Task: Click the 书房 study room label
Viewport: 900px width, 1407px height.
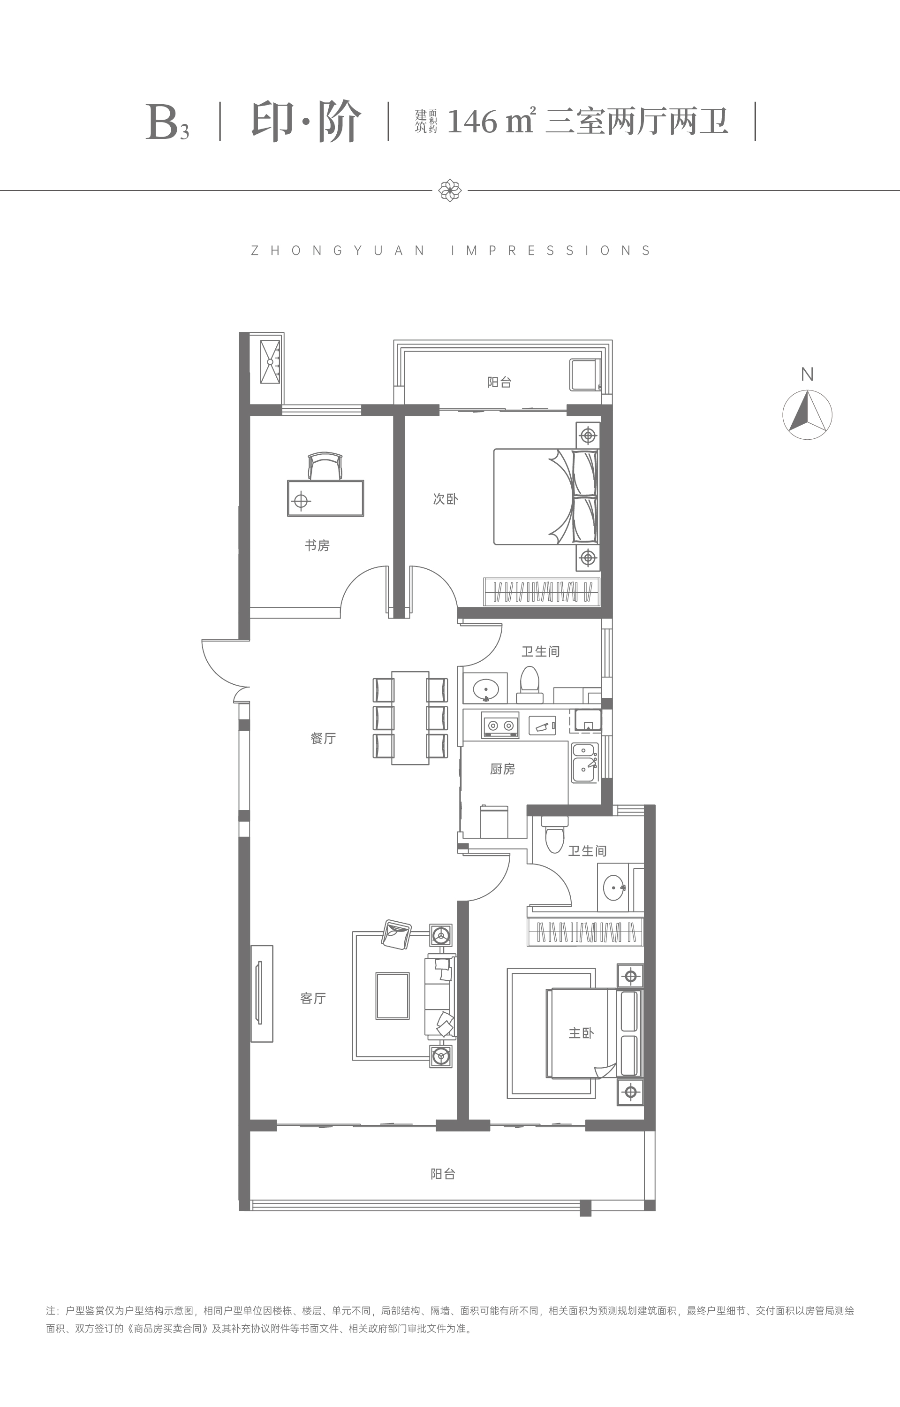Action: click(317, 546)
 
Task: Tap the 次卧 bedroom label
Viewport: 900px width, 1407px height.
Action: click(446, 499)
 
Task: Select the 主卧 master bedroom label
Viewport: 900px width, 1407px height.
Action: click(581, 1033)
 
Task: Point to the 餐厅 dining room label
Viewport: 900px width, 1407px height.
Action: click(323, 738)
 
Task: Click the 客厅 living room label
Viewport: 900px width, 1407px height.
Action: click(313, 998)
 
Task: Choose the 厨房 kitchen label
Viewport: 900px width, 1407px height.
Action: click(503, 769)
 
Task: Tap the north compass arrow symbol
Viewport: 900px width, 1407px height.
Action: click(807, 413)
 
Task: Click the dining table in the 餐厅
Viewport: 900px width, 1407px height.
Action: click(410, 718)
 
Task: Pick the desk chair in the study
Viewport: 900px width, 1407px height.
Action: click(325, 466)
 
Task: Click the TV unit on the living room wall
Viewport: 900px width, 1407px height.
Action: click(261, 994)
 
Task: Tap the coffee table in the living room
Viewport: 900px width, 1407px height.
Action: click(392, 995)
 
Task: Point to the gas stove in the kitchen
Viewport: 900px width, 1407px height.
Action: click(500, 725)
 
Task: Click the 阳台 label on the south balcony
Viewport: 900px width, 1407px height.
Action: click(443, 1174)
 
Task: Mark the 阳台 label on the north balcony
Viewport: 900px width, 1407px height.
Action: click(499, 382)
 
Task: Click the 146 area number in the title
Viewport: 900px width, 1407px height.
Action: click(472, 122)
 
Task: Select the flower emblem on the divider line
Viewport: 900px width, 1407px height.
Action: click(449, 190)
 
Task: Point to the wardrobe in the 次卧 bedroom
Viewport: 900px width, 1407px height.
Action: click(542, 592)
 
